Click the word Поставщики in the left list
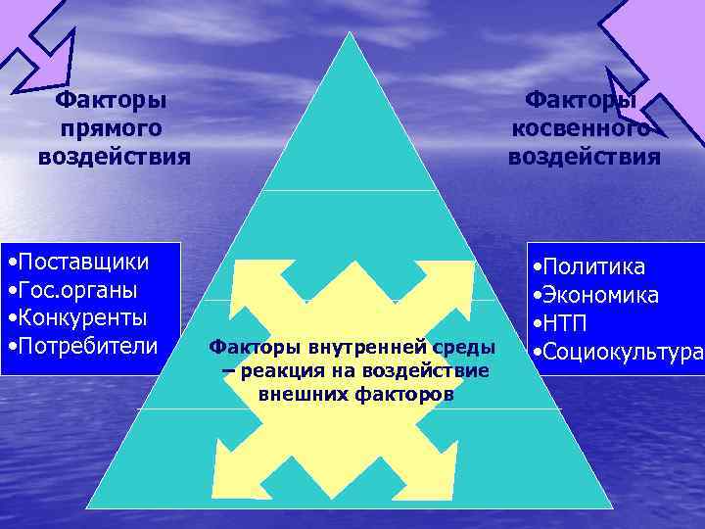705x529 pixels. (x=83, y=263)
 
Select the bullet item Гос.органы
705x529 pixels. (x=76, y=291)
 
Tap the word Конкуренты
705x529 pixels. (x=82, y=318)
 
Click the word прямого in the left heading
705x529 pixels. (x=111, y=127)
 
